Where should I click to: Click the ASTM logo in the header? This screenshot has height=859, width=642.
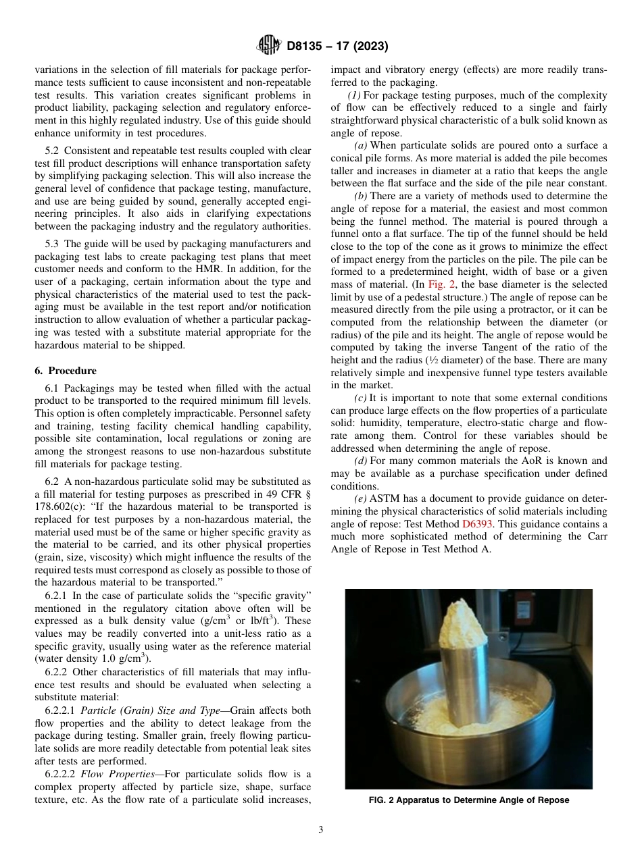click(269, 46)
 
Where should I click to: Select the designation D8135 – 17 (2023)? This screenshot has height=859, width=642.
click(337, 47)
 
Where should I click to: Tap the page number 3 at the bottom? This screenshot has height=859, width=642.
click(320, 830)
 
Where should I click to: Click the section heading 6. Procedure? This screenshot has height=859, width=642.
click(66, 371)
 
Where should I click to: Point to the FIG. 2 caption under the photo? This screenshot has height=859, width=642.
click(468, 800)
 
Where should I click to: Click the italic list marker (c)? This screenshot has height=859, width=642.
click(361, 398)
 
